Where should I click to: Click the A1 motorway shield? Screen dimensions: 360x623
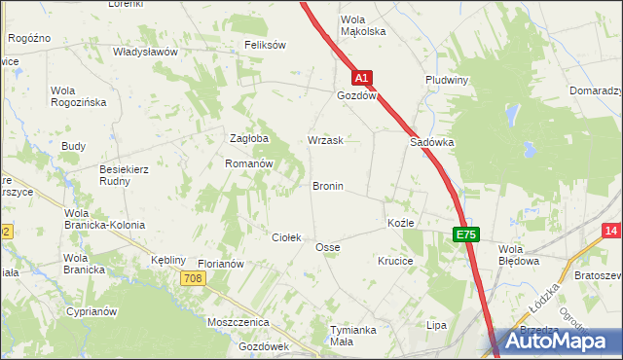(x=361, y=77)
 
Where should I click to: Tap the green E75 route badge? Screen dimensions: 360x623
(x=466, y=234)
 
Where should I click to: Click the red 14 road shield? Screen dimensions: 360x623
(x=611, y=231)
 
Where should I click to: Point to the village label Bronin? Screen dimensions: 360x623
(x=327, y=186)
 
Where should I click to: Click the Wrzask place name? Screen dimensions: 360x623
(x=325, y=141)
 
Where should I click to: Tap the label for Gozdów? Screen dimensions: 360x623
(x=356, y=97)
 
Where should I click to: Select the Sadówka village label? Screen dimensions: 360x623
(x=432, y=141)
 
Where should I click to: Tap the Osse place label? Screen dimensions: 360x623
(x=327, y=248)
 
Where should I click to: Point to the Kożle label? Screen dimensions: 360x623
(x=401, y=223)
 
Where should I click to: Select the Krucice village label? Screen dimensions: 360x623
(x=396, y=262)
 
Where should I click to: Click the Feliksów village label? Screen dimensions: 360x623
(x=265, y=45)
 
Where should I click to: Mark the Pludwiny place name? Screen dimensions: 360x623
(x=448, y=80)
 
